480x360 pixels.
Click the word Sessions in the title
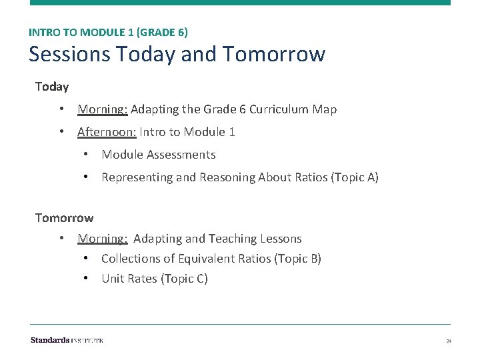pyautogui.click(x=69, y=53)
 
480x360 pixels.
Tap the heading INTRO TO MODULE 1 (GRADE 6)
pyautogui.click(x=108, y=31)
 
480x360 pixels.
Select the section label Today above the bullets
pyautogui.click(x=52, y=87)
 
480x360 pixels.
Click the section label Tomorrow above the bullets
pyautogui.click(x=64, y=218)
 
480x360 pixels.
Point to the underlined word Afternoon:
pyautogui.click(x=107, y=132)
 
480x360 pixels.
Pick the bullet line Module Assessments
pyautogui.click(x=159, y=155)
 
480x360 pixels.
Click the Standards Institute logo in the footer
pyautogui.click(x=67, y=340)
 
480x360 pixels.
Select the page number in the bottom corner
pyautogui.click(x=449, y=341)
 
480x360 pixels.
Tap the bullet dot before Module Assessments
pyautogui.click(x=86, y=155)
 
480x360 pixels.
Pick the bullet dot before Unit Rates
pyautogui.click(x=86, y=279)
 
